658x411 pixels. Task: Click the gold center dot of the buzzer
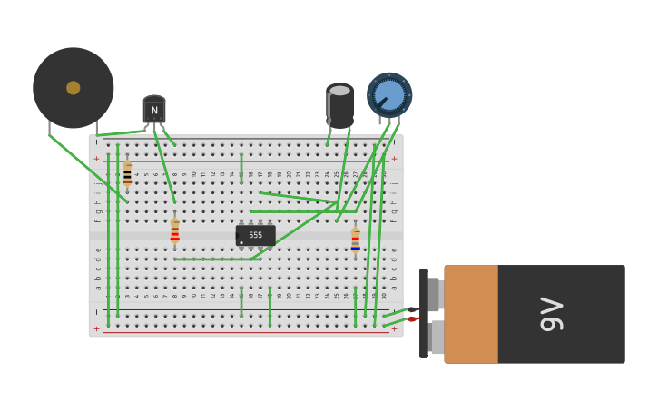click(x=74, y=88)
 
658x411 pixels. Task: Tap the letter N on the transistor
click(x=154, y=111)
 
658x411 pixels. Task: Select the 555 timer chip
click(x=255, y=235)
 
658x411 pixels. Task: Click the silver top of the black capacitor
click(x=339, y=91)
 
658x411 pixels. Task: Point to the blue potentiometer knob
click(x=389, y=95)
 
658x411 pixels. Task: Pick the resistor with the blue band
click(x=356, y=240)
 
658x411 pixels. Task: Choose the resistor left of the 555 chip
click(x=175, y=231)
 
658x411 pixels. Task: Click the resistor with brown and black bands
click(x=127, y=174)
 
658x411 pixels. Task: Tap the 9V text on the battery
click(x=550, y=314)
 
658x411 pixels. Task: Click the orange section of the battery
click(x=470, y=314)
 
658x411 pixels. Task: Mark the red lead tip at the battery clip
click(x=411, y=319)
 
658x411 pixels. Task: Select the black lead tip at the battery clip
click(x=411, y=309)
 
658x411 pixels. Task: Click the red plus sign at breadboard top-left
click(x=97, y=159)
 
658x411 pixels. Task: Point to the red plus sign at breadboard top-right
click(x=394, y=159)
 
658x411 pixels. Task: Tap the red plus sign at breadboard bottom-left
click(x=97, y=329)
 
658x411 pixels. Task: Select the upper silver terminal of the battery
click(x=435, y=295)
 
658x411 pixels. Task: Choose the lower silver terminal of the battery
click(x=437, y=338)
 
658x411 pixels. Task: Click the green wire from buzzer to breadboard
click(x=87, y=169)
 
